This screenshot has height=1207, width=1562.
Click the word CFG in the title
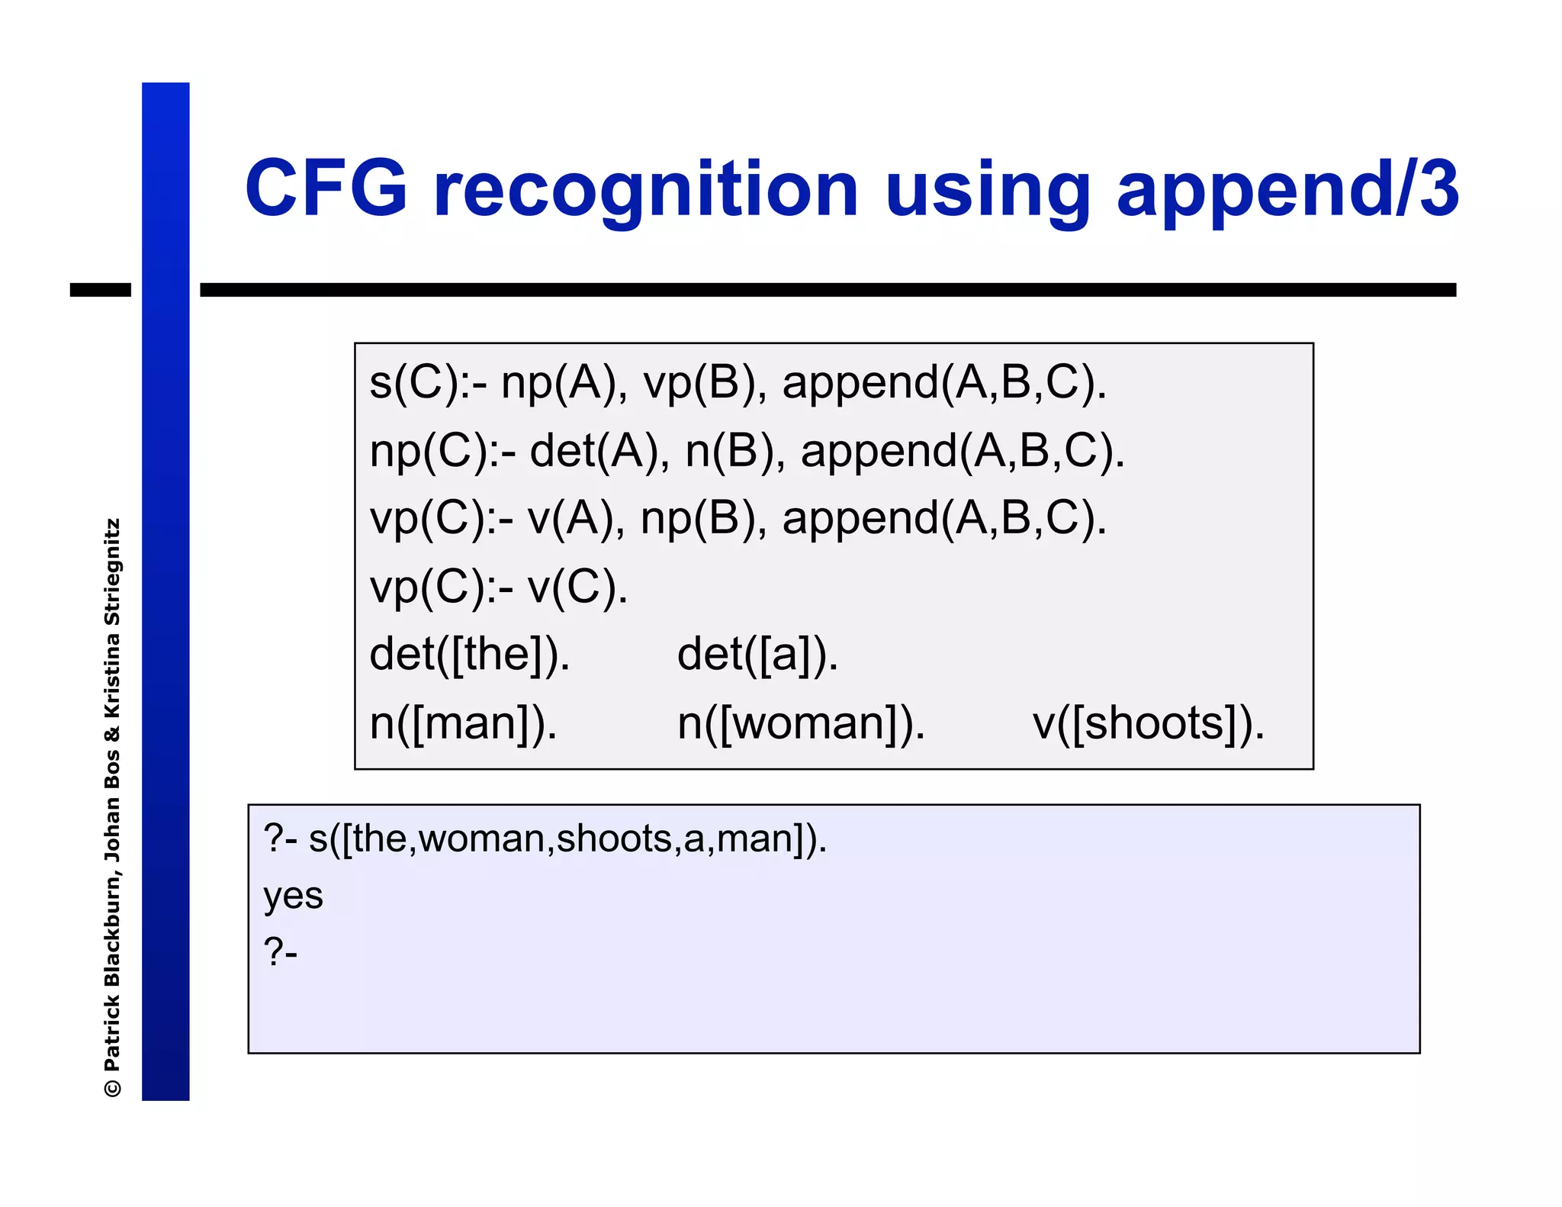coord(326,188)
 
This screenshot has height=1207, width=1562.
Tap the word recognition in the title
coord(645,191)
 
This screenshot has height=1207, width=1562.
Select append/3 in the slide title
coord(1287,191)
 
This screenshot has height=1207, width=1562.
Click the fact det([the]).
coord(469,654)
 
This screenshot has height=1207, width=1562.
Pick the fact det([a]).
coord(757,654)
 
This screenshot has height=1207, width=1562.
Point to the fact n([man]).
coord(463,723)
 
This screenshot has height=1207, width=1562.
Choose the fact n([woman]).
coord(801,723)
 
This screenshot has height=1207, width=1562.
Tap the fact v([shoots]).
coord(1148,723)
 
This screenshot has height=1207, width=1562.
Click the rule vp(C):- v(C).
coord(499,587)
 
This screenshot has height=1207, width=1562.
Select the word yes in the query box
coord(293,896)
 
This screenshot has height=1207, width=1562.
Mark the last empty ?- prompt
coord(280,952)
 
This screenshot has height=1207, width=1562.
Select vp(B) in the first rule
coord(705,382)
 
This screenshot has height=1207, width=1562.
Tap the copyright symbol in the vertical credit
coord(112,1086)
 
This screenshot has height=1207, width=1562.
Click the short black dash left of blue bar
coord(100,290)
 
